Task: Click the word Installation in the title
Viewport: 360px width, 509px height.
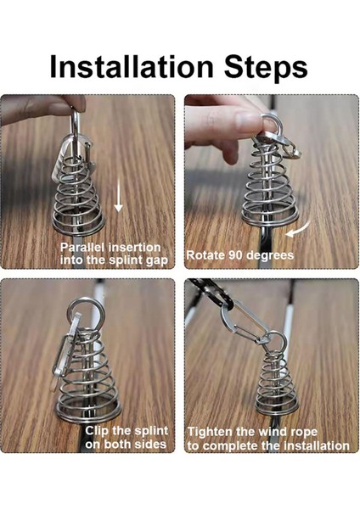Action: [130, 66]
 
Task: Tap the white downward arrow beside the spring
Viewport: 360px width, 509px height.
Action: [119, 200]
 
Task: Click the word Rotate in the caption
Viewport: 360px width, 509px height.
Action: [207, 255]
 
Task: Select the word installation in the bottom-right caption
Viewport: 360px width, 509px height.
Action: [317, 445]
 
